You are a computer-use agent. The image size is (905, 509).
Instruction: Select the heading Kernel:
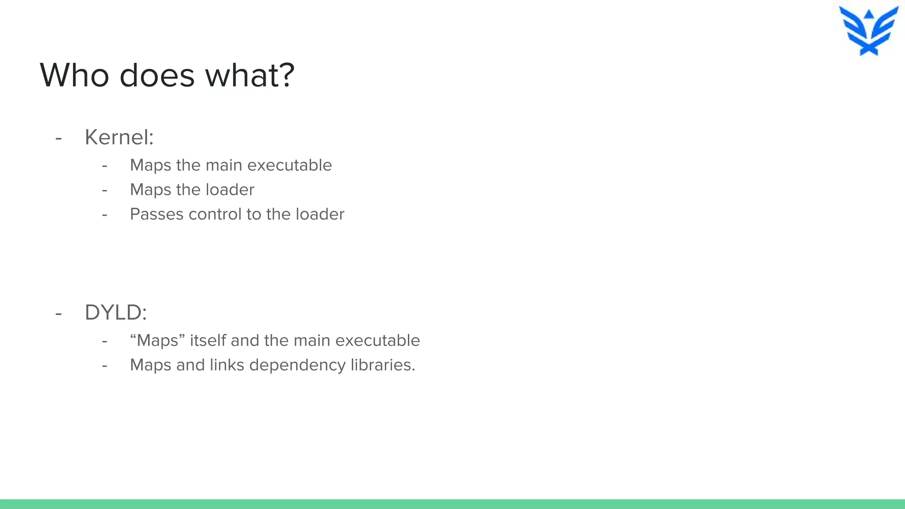point(119,137)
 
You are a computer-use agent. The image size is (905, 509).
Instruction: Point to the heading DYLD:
point(115,312)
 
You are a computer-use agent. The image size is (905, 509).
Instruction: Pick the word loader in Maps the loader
point(230,190)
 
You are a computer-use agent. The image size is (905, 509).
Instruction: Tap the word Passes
point(156,214)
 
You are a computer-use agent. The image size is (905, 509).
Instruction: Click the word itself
point(208,341)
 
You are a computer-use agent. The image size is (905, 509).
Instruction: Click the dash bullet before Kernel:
point(59,138)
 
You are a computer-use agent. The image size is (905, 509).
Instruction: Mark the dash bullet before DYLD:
point(59,314)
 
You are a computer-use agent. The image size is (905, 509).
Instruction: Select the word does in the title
point(157,75)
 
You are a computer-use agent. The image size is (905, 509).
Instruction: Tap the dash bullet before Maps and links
point(105,366)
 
